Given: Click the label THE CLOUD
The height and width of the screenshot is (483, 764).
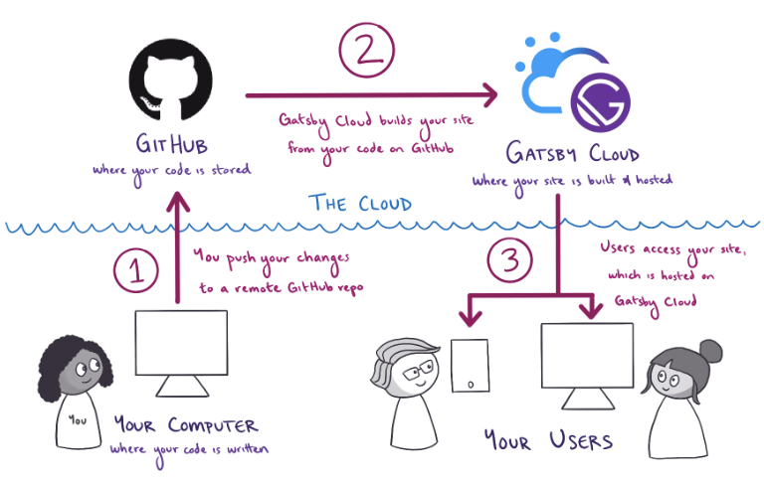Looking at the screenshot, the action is pos(360,205).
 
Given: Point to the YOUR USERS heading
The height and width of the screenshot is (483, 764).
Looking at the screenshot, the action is pos(548,439).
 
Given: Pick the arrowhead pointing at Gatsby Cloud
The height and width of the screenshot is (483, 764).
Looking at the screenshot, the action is pos(487,95).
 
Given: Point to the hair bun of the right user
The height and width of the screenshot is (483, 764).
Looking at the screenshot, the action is pos(710,350).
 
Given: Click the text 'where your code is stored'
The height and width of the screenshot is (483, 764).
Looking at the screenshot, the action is pos(171,170).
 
